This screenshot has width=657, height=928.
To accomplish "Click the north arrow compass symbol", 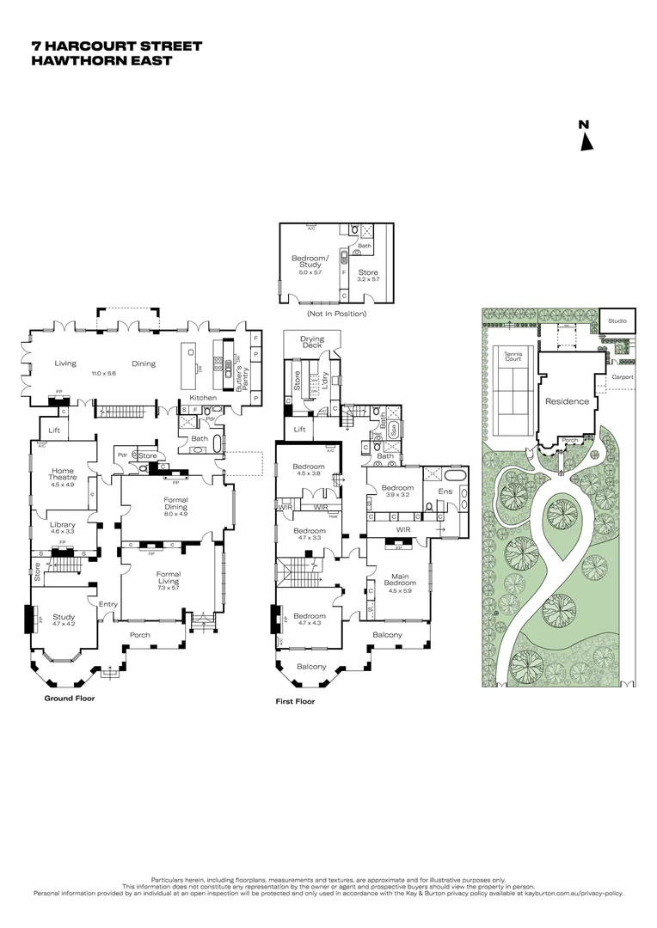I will click(x=586, y=136).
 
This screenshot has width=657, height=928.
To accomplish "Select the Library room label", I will click(x=63, y=528).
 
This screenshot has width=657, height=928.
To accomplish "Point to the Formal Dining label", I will click(x=175, y=504).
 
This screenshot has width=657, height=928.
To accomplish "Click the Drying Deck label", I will click(x=311, y=343).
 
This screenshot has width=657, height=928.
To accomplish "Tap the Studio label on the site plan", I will click(x=617, y=321).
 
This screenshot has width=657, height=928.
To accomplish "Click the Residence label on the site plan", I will click(x=567, y=401).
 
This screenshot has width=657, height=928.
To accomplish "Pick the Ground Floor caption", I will click(x=69, y=699).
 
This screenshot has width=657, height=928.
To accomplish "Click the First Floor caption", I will click(x=295, y=701).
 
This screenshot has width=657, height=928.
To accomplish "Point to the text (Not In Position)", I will click(x=336, y=314).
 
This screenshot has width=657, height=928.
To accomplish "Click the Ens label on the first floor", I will click(x=445, y=491).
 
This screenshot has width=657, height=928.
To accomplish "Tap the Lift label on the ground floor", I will click(x=54, y=430).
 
